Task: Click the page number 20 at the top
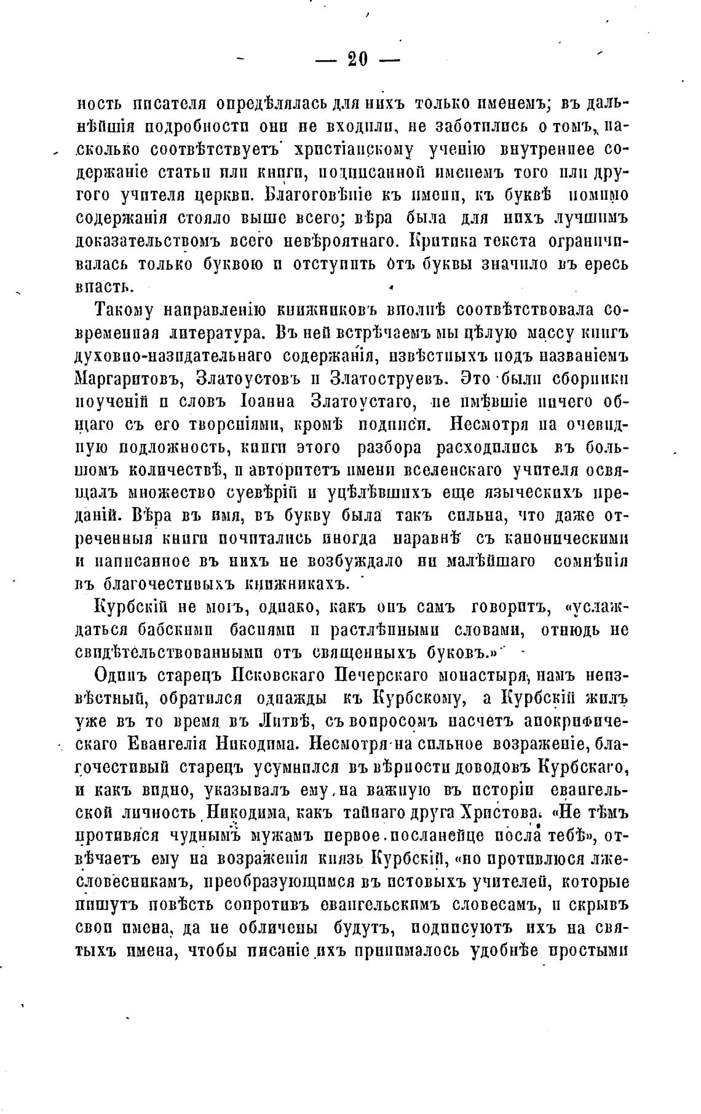tap(357, 59)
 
